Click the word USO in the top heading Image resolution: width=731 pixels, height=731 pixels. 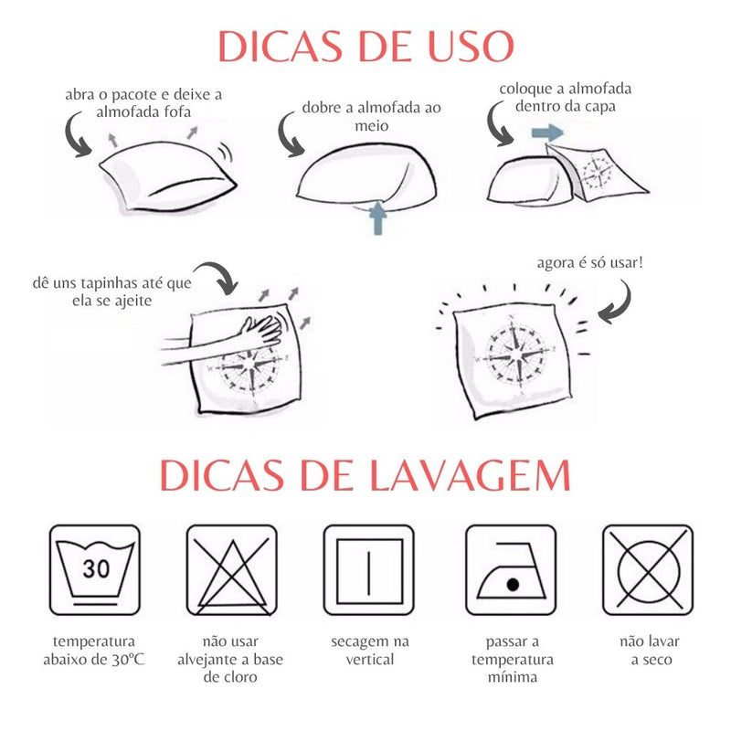[471, 46]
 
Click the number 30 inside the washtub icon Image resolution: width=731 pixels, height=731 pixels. [96, 568]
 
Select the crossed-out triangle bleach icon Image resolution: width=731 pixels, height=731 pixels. [232, 570]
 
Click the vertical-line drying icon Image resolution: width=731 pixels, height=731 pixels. [369, 570]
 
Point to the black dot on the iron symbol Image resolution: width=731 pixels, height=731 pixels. [513, 584]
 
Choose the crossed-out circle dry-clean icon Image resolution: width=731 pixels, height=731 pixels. [648, 570]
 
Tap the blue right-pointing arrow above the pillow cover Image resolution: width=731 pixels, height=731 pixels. [547, 132]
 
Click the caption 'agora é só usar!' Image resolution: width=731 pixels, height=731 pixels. [589, 262]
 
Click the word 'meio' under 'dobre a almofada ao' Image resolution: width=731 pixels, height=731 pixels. [372, 126]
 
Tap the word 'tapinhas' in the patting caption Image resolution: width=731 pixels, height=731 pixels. [111, 283]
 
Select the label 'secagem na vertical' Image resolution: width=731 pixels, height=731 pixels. [370, 651]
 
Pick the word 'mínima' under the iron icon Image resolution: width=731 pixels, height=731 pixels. [513, 677]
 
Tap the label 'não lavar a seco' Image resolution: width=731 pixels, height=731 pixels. [650, 651]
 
